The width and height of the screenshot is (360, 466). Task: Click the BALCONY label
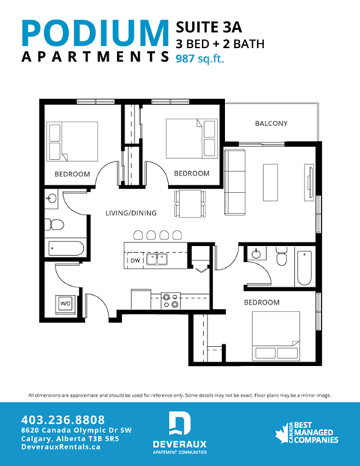[271, 123]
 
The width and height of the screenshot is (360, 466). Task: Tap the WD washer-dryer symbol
[65, 303]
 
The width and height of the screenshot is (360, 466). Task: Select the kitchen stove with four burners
[170, 301]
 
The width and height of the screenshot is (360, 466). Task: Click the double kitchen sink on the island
[157, 260]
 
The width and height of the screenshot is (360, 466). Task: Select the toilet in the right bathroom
[280, 259]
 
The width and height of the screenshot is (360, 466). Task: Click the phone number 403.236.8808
[64, 419]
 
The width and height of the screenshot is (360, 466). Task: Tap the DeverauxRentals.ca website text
[63, 446]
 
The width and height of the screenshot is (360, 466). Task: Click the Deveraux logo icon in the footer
[178, 423]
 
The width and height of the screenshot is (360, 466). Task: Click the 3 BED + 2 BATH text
[220, 43]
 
